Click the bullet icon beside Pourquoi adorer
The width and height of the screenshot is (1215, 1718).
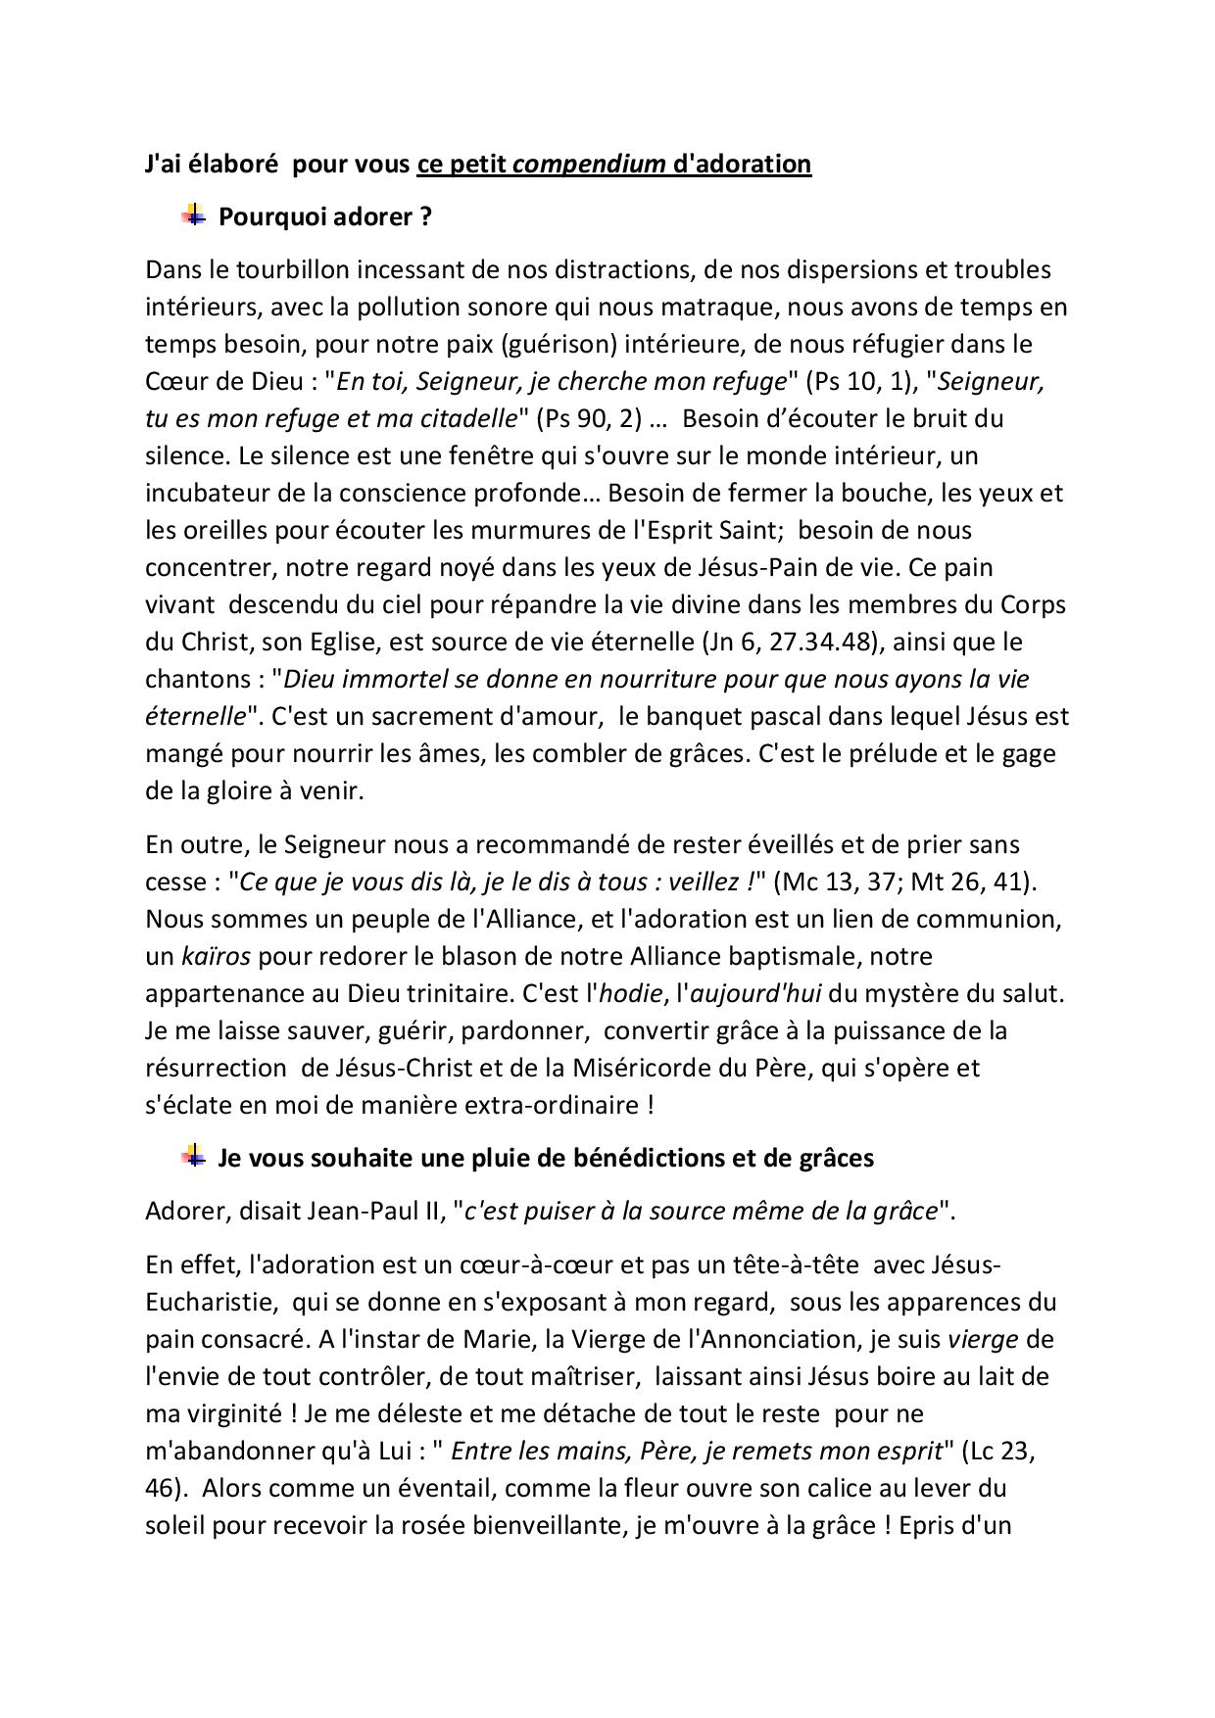pyautogui.click(x=194, y=215)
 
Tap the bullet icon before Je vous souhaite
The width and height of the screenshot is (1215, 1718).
pyautogui.click(x=194, y=1156)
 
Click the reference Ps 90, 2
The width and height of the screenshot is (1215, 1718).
pyautogui.click(x=588, y=418)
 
